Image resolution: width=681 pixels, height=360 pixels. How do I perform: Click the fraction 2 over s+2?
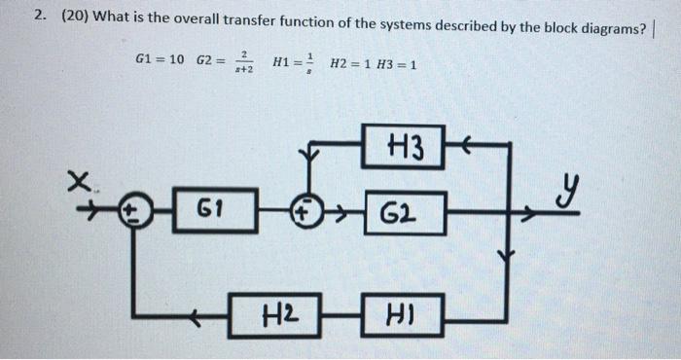click(x=244, y=63)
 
